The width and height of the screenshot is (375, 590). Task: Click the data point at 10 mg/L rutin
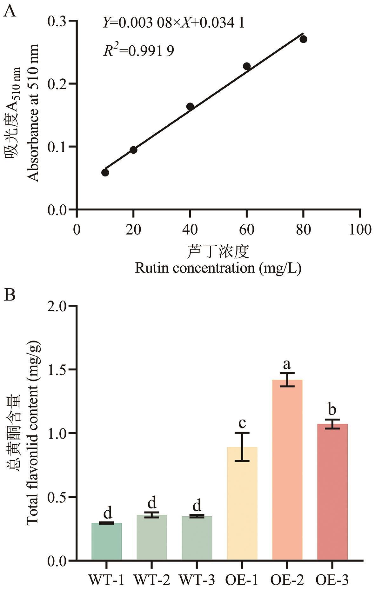[105, 173]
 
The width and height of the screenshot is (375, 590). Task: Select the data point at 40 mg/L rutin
[190, 106]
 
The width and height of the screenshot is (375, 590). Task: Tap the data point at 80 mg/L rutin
[303, 39]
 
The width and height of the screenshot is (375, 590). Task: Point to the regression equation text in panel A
[174, 23]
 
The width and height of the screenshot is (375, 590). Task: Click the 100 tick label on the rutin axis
[360, 229]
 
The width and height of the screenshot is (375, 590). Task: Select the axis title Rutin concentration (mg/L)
[218, 268]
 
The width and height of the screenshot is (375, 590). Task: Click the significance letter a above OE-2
[287, 365]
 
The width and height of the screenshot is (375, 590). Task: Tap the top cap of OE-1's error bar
[242, 433]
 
